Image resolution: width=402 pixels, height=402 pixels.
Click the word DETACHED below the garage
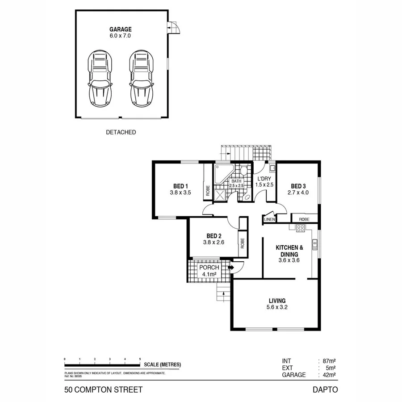[121, 132]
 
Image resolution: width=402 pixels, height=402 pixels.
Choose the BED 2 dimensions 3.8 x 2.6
[213, 243]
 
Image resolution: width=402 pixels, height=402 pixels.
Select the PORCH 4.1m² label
[209, 271]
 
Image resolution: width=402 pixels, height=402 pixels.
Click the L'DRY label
[264, 178]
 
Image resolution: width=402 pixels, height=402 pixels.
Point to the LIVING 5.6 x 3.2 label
[277, 304]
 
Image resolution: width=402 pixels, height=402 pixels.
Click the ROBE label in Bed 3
[304, 219]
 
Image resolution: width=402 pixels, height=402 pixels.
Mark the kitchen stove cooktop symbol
[300, 229]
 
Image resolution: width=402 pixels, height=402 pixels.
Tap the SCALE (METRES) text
[163, 364]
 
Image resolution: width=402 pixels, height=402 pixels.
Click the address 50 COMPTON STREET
[104, 389]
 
